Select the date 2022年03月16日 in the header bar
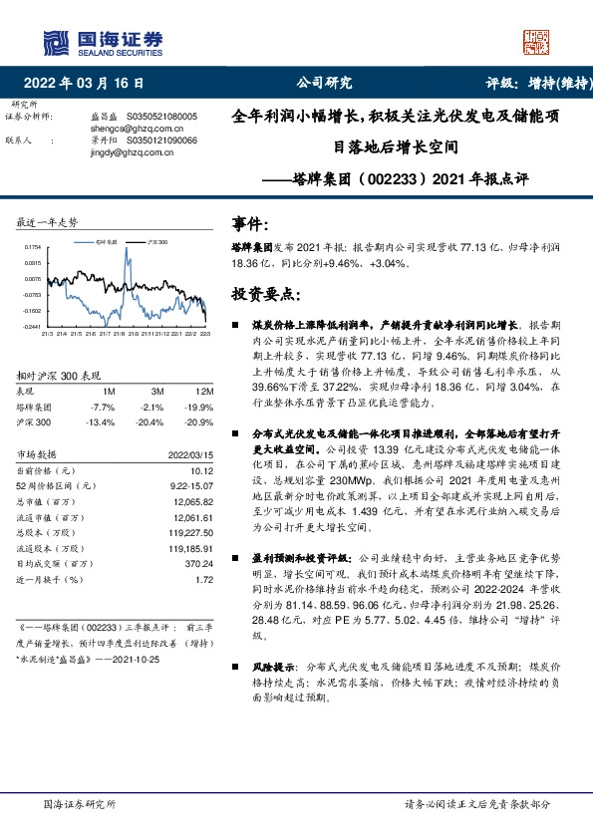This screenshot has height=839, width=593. (90, 85)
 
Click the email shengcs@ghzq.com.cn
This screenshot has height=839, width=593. (126, 129)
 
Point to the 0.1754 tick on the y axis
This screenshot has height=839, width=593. (33, 246)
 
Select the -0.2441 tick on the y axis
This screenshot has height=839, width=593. (33, 326)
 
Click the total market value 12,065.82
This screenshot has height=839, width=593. (194, 502)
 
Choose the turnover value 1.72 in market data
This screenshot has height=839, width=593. (204, 579)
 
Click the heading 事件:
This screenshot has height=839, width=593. (249, 222)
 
